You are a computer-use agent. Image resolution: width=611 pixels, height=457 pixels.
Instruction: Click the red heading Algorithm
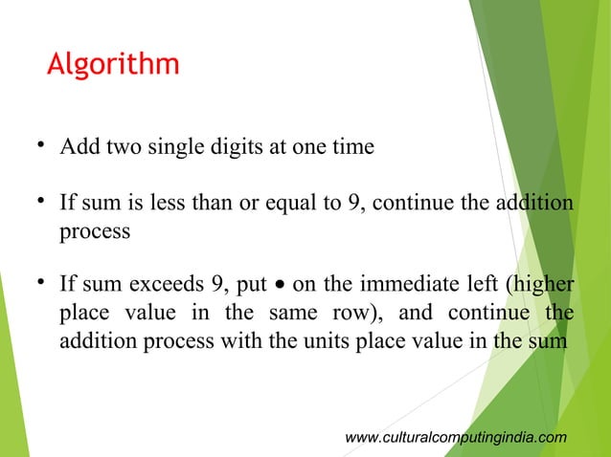pos(113,66)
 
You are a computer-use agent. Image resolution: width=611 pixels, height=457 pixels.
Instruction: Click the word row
pos(355,314)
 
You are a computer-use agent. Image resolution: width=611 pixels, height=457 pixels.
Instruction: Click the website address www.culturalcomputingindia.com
pos(455,437)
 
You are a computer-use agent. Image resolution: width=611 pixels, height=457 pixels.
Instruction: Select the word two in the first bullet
pos(123,149)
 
